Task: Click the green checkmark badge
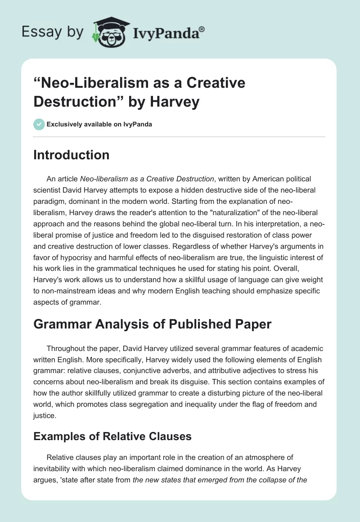click(39, 124)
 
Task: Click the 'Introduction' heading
click(72, 155)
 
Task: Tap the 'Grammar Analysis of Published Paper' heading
click(152, 324)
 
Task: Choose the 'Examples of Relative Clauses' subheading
click(112, 436)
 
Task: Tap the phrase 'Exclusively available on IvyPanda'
click(99, 124)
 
